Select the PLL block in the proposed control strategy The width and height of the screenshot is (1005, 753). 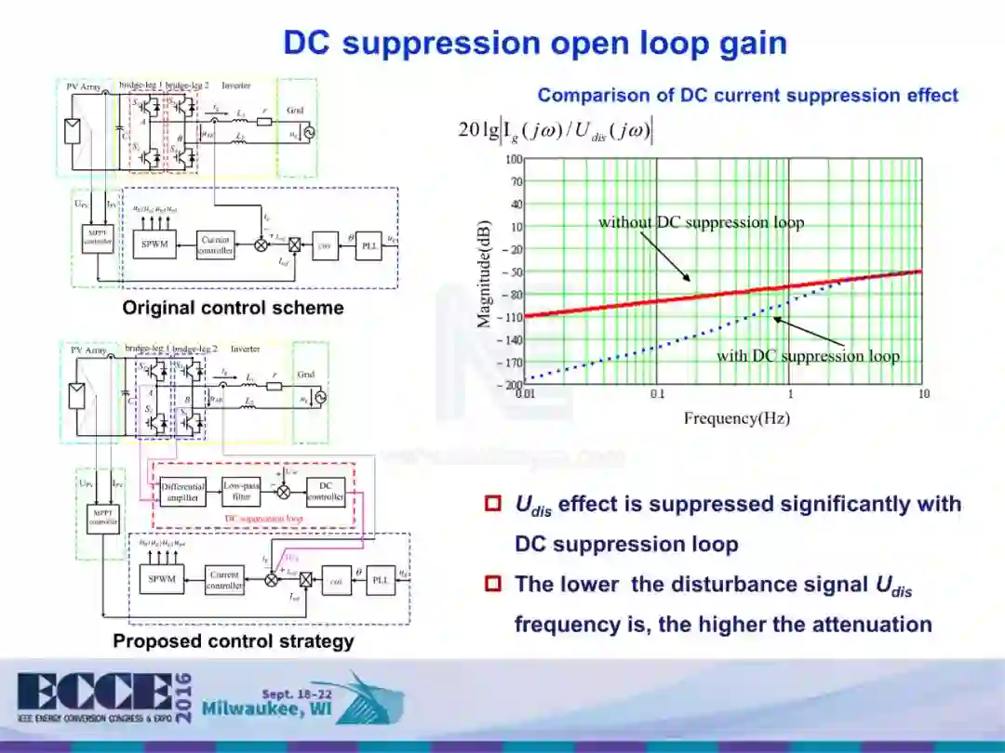(380, 578)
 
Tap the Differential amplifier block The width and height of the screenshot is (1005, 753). (182, 492)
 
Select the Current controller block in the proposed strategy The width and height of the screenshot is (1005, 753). (224, 580)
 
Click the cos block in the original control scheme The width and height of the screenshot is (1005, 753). (325, 245)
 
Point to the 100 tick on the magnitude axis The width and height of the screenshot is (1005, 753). (514, 160)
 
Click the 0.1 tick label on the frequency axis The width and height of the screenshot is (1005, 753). (657, 394)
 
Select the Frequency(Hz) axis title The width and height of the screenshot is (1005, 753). (736, 418)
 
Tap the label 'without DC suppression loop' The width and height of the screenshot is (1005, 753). (701, 222)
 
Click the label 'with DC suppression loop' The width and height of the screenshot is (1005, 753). (808, 356)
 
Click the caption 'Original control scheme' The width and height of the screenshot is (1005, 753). (233, 308)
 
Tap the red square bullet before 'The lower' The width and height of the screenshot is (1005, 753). (493, 584)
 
